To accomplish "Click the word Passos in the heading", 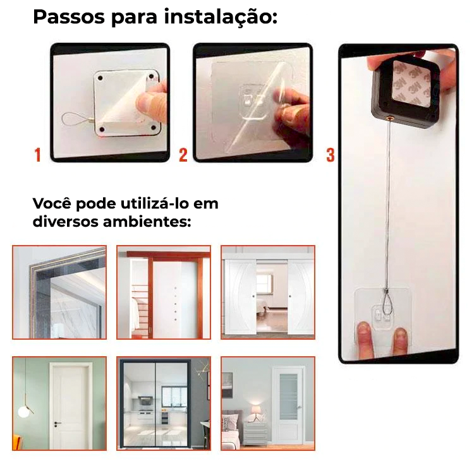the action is tap(69, 17).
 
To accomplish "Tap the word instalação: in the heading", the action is tap(221, 18).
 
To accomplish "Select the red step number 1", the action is tap(37, 155).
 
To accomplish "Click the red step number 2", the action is tap(183, 155).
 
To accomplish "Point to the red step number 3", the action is tap(331, 155).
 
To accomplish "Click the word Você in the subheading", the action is tap(52, 203).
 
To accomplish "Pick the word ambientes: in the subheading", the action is tap(147, 222).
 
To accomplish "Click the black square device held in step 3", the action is tap(404, 92).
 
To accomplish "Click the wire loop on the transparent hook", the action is tap(386, 302).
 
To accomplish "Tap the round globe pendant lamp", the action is tap(24, 412).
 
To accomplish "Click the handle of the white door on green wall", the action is tap(57, 423).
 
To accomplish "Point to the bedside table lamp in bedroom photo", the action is tap(257, 412).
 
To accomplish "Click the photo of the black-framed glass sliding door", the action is tap(164, 404).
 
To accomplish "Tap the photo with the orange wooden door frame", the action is tap(164, 292).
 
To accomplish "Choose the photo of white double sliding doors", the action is tap(268, 292).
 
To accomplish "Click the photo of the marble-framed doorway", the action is tap(59, 292).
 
